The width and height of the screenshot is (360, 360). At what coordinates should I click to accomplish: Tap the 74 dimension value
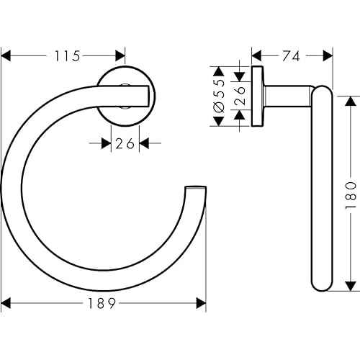(x=292, y=55)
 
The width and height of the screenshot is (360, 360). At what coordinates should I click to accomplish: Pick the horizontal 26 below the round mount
(x=125, y=143)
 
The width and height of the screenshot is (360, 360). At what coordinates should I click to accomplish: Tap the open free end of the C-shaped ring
(x=196, y=192)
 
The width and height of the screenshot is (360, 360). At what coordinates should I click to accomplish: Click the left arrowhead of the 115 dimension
(x=9, y=55)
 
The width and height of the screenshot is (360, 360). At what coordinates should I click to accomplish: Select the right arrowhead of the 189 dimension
(x=202, y=305)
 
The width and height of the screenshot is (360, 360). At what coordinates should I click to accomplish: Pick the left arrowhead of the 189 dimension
(x=9, y=305)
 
